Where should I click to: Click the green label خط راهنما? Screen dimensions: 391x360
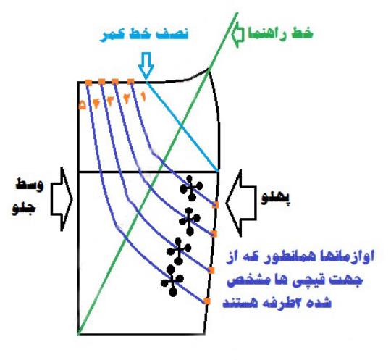tap(280, 33)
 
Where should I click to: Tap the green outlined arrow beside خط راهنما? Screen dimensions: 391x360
tap(238, 35)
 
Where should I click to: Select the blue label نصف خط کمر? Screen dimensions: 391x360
tap(144, 34)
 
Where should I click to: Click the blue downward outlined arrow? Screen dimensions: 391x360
tap(146, 65)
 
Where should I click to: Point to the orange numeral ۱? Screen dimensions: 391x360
tap(143, 97)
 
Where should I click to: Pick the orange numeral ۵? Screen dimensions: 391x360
tap(82, 105)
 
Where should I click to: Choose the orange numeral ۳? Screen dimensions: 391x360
tap(111, 101)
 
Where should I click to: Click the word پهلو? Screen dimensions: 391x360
tap(276, 198)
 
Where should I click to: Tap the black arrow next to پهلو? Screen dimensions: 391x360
tap(241, 203)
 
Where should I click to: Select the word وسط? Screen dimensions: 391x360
tap(30, 185)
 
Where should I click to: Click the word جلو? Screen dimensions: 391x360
tap(24, 209)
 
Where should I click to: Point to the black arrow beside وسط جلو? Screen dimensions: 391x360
tap(62, 199)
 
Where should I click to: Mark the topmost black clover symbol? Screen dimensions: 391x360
tap(191, 188)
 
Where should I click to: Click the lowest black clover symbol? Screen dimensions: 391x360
tap(172, 280)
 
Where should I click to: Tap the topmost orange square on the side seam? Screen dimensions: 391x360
tap(216, 205)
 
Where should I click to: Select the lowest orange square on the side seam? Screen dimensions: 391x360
tap(207, 301)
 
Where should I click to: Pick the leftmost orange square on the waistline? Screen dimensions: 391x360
tap(88, 83)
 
